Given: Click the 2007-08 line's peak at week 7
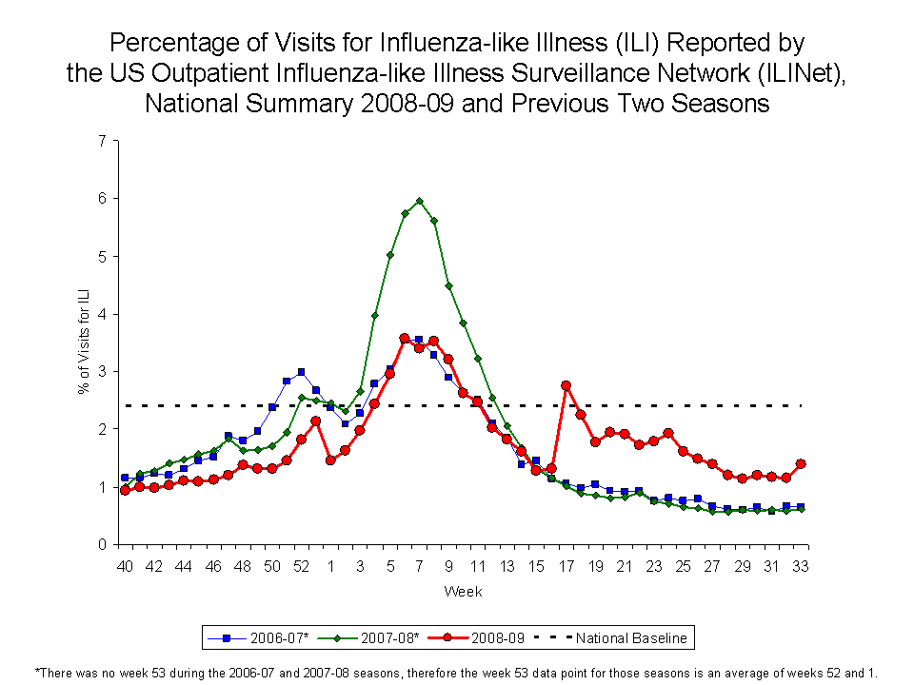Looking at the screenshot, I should (419, 202).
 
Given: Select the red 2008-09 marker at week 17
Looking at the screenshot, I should (566, 385).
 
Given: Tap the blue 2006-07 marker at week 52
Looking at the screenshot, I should (301, 372).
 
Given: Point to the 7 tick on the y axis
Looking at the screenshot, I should (102, 141).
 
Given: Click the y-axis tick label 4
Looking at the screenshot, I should (102, 314).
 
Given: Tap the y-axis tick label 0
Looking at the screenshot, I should (102, 545).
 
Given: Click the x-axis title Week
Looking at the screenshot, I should (463, 592).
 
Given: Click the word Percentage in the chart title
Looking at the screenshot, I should (167, 44).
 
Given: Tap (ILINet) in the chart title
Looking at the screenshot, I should (796, 73).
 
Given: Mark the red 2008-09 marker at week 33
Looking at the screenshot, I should (801, 463).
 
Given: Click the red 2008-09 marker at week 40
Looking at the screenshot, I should (125, 490).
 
